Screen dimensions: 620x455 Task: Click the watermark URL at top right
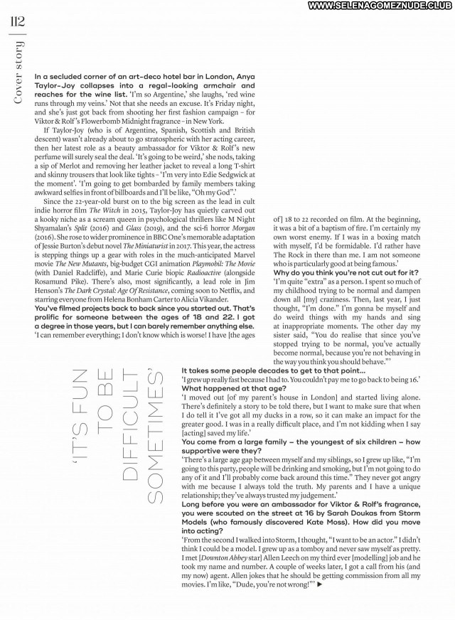pyautogui.click(x=370, y=6)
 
